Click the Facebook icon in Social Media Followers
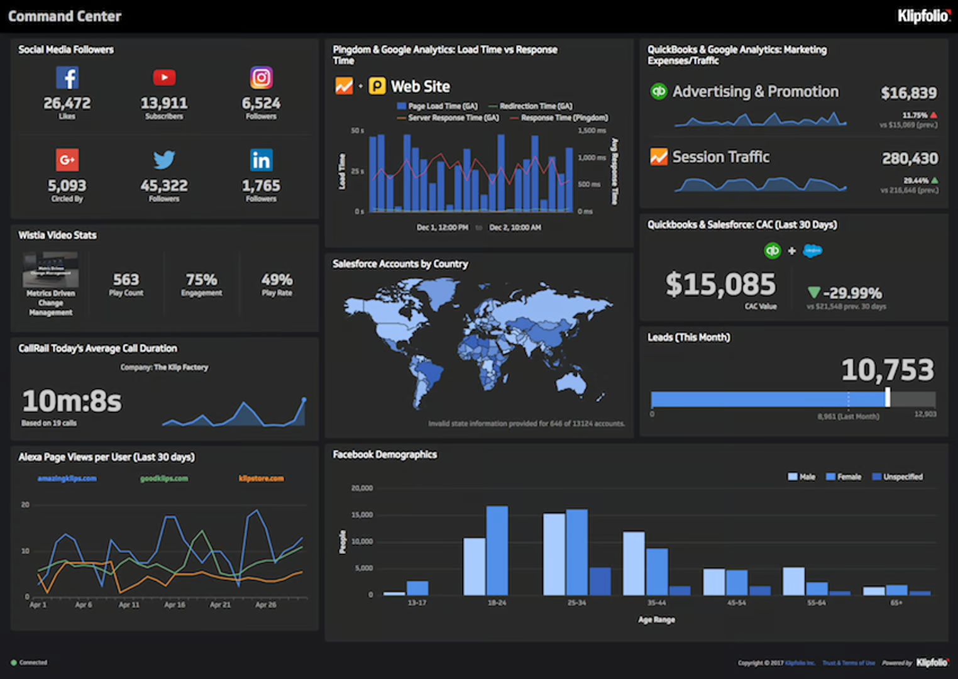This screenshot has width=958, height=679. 67,78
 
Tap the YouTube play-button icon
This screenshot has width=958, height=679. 164,77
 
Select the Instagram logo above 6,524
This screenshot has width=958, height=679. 262,77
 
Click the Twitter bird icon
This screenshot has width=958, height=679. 164,160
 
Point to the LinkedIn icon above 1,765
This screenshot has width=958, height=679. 262,160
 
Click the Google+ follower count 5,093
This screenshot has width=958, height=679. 67,185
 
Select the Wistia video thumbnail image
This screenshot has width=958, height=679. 51,269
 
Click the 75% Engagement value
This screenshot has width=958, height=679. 201,279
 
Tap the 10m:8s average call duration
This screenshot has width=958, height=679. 72,401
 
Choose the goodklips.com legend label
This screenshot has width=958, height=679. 164,478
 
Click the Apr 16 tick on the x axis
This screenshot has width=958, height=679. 175,605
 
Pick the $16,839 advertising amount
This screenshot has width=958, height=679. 908,93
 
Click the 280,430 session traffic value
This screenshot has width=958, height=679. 910,158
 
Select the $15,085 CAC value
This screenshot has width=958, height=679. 720,284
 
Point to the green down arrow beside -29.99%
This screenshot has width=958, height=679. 814,292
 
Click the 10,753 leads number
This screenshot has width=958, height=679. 888,370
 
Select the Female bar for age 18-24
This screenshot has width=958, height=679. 497,550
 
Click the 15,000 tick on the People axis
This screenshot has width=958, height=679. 362,515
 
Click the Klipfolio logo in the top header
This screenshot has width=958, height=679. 923,16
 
